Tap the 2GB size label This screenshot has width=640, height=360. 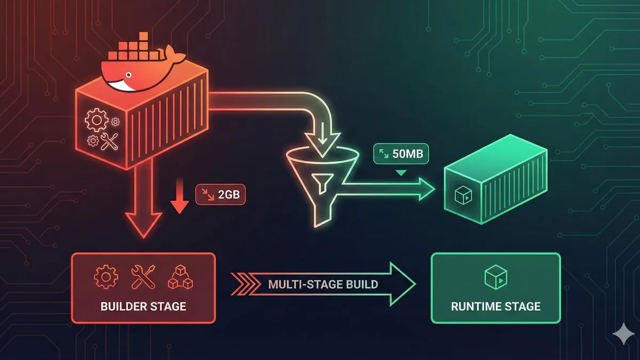point(221,195)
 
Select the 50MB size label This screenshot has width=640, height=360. point(402,155)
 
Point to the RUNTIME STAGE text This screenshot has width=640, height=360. point(495,306)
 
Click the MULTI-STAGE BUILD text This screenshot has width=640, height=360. point(323,284)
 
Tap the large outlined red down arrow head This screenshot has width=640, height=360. point(143,225)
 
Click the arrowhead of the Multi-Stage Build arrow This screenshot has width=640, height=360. point(403,284)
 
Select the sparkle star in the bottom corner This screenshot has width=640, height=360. point(621,334)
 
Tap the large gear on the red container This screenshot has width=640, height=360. point(97,121)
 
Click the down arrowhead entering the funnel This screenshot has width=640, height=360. point(320,141)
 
